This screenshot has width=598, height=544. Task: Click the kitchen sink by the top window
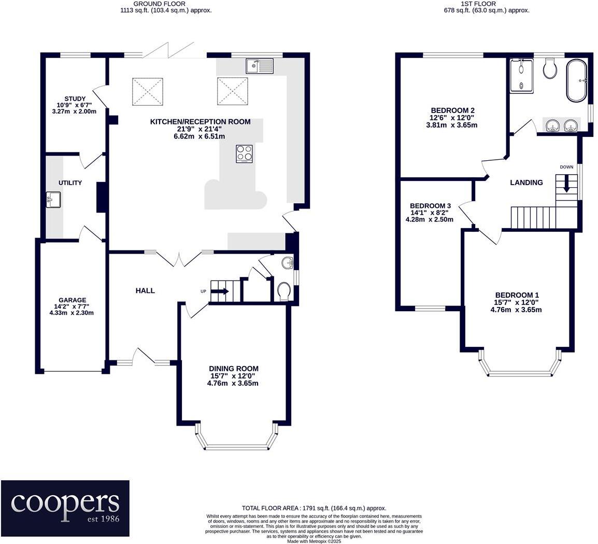(260, 66)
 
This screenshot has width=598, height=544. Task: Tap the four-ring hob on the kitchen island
(244, 154)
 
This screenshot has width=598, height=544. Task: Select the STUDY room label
(75, 99)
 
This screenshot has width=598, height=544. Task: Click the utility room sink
(53, 200)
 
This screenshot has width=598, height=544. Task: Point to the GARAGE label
(72, 300)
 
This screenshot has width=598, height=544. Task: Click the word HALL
(145, 290)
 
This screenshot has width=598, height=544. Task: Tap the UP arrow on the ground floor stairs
(220, 291)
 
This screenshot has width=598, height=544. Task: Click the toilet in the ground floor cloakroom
(284, 292)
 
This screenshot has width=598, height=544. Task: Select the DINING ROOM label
(234, 368)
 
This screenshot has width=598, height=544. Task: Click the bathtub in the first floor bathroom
(577, 80)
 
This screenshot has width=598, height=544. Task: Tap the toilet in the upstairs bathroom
(550, 68)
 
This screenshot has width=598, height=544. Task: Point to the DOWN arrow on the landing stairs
(566, 183)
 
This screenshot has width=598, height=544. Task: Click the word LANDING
(526, 183)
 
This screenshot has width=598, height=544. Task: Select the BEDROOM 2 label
(453, 110)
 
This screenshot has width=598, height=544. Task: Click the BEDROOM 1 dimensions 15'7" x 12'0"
(516, 302)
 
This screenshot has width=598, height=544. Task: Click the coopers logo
(65, 508)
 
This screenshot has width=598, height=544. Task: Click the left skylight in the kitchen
(148, 91)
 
